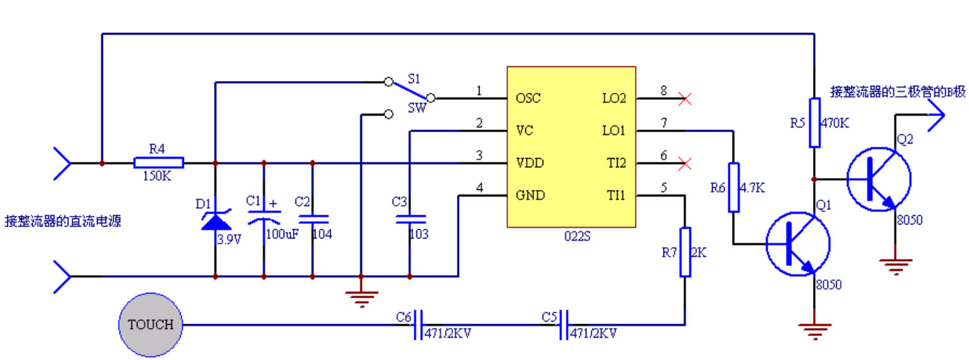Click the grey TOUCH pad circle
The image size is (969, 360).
[150, 325]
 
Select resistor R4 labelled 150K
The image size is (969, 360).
[159, 163]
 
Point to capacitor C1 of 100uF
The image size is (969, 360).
[264, 217]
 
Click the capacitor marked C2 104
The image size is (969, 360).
[312, 218]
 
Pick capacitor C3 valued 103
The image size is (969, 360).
[409, 218]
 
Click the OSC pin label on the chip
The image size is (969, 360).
[529, 98]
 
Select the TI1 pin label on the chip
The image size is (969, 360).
[615, 196]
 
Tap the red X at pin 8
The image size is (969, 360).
[685, 99]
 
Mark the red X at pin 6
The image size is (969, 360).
[685, 163]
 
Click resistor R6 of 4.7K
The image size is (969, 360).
[733, 187]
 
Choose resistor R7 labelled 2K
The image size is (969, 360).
[685, 252]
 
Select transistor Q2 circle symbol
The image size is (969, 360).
[879, 179]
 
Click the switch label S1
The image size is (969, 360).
[414, 78]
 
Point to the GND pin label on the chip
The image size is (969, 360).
[530, 196]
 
